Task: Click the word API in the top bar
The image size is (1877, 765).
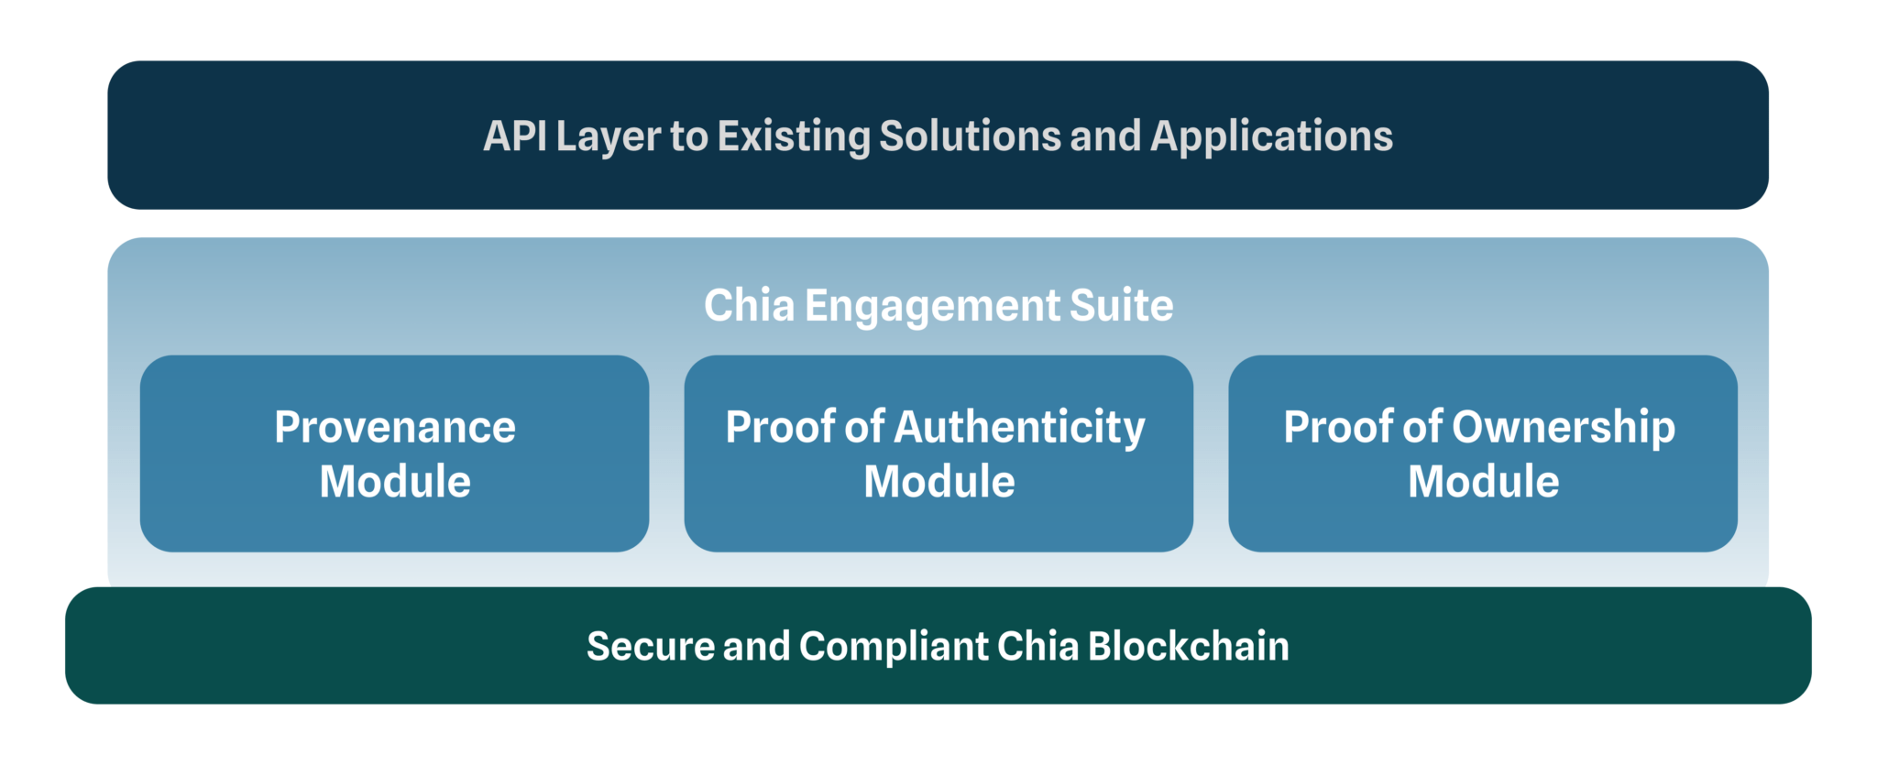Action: point(514,137)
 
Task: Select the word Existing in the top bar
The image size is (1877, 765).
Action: point(794,137)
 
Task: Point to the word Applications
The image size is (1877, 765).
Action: point(1271,137)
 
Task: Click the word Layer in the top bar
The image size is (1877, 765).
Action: point(608,137)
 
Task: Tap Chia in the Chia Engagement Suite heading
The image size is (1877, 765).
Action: point(749,306)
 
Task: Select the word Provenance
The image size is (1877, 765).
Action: point(395,428)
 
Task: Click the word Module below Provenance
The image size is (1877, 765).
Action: point(395,482)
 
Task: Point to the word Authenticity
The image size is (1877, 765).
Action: point(1020,428)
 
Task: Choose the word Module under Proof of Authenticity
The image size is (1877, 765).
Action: point(939,482)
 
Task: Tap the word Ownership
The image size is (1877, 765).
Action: point(1564,428)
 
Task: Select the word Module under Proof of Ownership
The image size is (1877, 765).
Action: point(1483,482)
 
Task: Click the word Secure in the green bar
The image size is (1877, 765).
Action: point(649,647)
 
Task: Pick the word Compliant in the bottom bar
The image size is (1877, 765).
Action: point(893,647)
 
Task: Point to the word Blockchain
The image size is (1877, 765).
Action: point(1188,647)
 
